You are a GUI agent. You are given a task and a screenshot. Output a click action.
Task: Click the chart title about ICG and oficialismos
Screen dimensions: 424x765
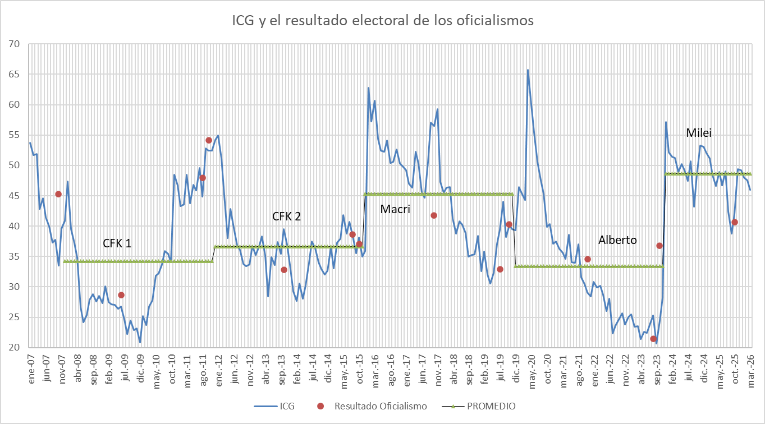pyautogui.click(x=383, y=21)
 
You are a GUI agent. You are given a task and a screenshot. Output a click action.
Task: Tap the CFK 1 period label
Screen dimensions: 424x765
pyautogui.click(x=117, y=243)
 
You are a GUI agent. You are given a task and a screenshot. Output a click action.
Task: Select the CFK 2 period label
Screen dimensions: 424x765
pyautogui.click(x=286, y=216)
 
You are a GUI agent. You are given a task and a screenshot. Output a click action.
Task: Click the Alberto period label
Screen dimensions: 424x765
pyautogui.click(x=617, y=239)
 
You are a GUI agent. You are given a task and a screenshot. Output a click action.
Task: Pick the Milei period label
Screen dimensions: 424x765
pyautogui.click(x=699, y=133)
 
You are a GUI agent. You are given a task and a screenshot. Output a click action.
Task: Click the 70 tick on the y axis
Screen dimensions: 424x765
pyautogui.click(x=14, y=44)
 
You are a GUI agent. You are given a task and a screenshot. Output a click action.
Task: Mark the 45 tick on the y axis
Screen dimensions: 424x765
pyautogui.click(x=14, y=196)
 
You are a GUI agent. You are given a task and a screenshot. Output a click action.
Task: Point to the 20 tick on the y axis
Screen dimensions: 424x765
pyautogui.click(x=14, y=348)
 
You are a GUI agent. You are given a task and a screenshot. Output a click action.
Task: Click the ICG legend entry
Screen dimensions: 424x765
pyautogui.click(x=281, y=406)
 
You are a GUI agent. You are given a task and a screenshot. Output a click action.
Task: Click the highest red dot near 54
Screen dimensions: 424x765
pyautogui.click(x=209, y=140)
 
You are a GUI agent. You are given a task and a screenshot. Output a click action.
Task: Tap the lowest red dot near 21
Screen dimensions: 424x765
pyautogui.click(x=653, y=339)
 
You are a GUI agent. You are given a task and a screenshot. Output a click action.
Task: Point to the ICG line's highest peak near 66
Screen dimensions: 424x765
pyautogui.click(x=528, y=70)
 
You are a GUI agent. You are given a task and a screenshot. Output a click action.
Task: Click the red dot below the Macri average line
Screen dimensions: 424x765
pyautogui.click(x=434, y=215)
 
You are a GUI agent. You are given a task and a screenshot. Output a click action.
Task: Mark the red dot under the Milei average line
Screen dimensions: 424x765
pyautogui.click(x=735, y=222)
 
